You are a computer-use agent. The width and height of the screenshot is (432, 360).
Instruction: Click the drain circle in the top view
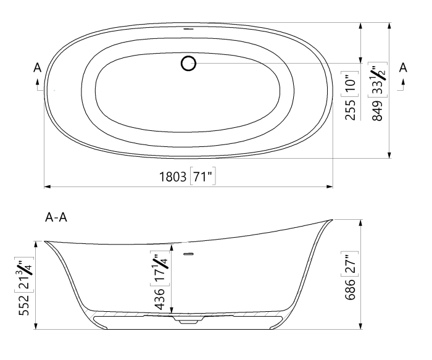(x=189, y=63)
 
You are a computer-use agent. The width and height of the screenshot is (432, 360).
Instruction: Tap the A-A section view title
(x=57, y=217)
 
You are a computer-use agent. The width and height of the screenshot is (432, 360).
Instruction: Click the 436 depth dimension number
(x=158, y=299)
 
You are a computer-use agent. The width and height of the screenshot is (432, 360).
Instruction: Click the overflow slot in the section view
(x=189, y=254)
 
